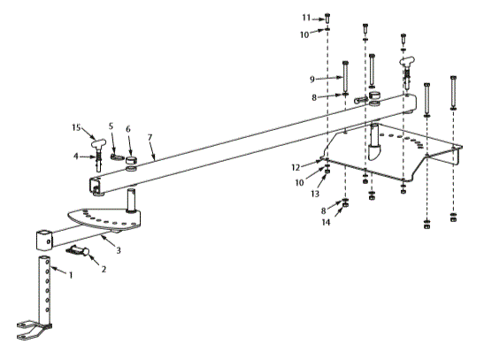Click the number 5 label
(x=111, y=127)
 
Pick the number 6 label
(x=129, y=127)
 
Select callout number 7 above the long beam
(x=152, y=140)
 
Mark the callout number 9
(x=326, y=78)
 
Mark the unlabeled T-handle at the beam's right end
(x=408, y=65)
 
